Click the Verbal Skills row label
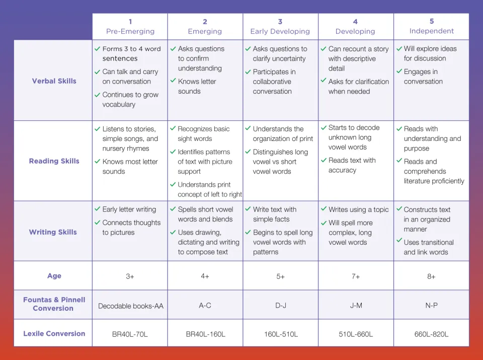click(x=54, y=81)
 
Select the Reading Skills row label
click(x=54, y=161)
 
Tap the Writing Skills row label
click(x=53, y=232)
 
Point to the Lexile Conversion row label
click(x=54, y=333)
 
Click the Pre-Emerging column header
click(x=130, y=31)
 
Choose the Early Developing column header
click(x=280, y=31)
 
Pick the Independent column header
click(x=431, y=31)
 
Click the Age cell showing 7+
click(x=356, y=276)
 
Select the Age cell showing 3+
click(x=130, y=276)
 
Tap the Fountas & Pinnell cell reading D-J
click(x=280, y=306)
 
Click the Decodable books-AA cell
click(x=130, y=306)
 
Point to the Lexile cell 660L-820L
click(x=431, y=334)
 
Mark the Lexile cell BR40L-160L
click(x=205, y=334)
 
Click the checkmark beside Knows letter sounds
click(x=173, y=81)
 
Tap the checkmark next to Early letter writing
click(x=98, y=209)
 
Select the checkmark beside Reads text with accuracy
click(x=324, y=160)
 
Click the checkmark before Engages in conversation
click(x=398, y=71)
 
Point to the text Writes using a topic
click(x=358, y=209)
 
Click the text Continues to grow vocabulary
click(x=130, y=100)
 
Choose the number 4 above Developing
click(x=355, y=22)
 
